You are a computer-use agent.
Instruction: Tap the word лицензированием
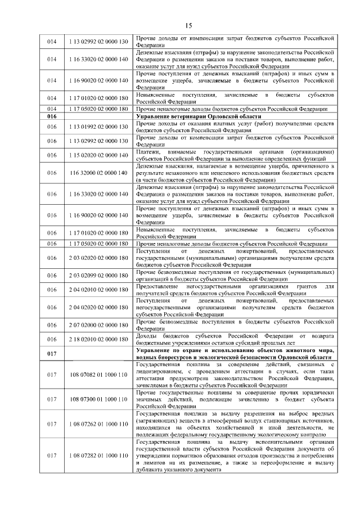tap(163, 371)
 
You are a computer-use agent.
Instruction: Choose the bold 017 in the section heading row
tap(52, 353)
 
